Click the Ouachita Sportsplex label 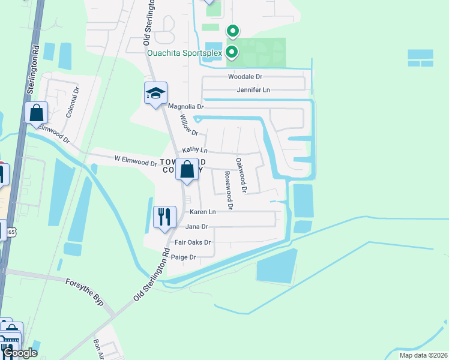[x=185, y=53]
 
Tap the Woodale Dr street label [x=246, y=77]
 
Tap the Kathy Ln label [x=194, y=149]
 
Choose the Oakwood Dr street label [x=241, y=175]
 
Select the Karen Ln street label [x=202, y=212]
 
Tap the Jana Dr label [x=196, y=227]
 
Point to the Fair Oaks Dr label [x=192, y=242]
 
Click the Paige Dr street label [x=184, y=257]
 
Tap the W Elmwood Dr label [x=135, y=161]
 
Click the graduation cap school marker [x=155, y=94]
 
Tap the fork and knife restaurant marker [x=164, y=217]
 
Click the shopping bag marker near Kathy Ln [x=187, y=170]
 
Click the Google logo [x=20, y=353]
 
